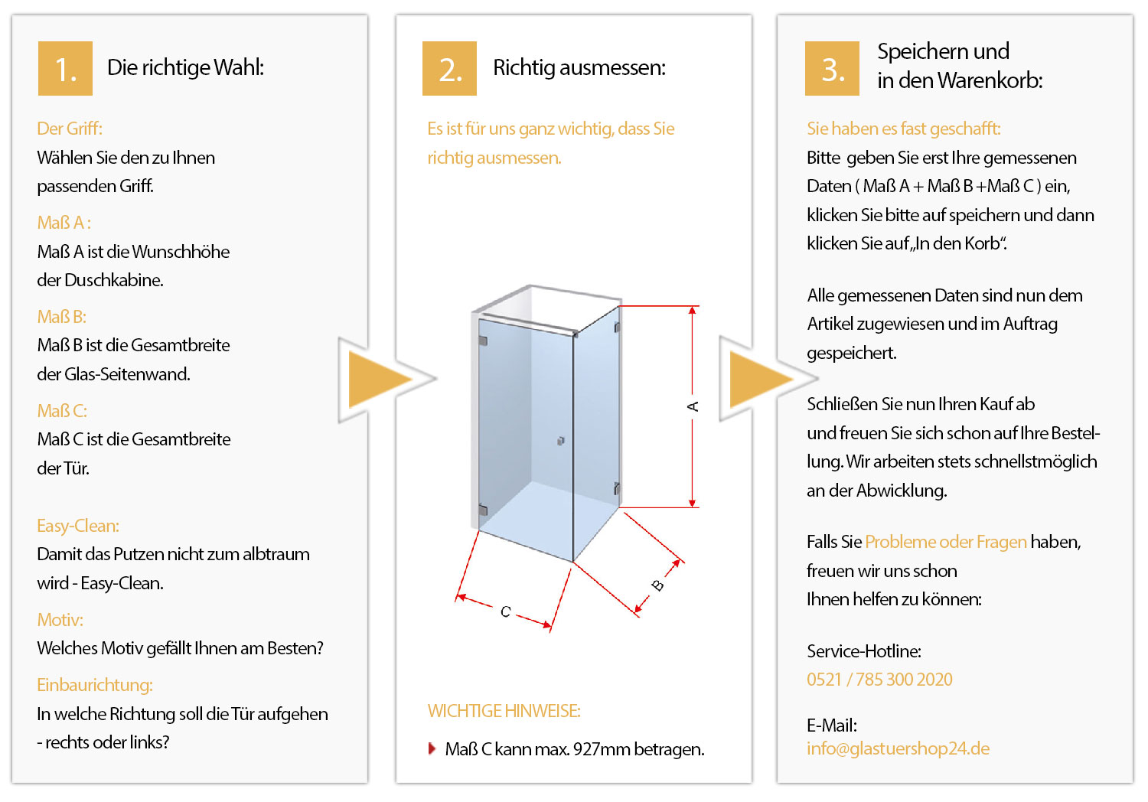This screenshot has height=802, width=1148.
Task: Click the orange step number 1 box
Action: coord(65,68)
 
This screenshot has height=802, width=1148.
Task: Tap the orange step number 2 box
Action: coord(449,68)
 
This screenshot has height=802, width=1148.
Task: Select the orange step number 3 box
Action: coord(832,68)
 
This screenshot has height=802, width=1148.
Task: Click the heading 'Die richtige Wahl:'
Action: coord(185,67)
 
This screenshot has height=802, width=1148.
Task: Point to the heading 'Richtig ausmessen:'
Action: coord(579,67)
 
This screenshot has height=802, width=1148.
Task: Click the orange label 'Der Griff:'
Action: coord(70,129)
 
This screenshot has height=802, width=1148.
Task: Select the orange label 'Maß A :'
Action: coord(64,223)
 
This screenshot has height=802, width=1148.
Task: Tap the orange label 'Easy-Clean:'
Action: coord(78,526)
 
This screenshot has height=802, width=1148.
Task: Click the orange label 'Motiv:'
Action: coord(60,620)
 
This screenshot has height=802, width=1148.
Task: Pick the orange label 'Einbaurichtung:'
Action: coord(95,685)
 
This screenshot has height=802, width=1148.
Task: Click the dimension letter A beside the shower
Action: coord(693,406)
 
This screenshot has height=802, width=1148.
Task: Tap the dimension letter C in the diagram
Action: coord(505,611)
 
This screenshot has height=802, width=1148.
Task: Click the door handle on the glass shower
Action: coord(561,441)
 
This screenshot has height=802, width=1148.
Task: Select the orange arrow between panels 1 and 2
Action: coord(380,380)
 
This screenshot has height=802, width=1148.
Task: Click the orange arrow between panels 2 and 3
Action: coord(761,380)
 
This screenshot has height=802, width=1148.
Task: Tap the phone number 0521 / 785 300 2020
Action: coord(879,680)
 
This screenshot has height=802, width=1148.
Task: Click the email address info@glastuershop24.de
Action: coord(898,748)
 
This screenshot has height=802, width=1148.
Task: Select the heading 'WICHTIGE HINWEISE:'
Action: coord(504,711)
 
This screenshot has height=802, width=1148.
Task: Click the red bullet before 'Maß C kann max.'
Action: coord(432,748)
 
